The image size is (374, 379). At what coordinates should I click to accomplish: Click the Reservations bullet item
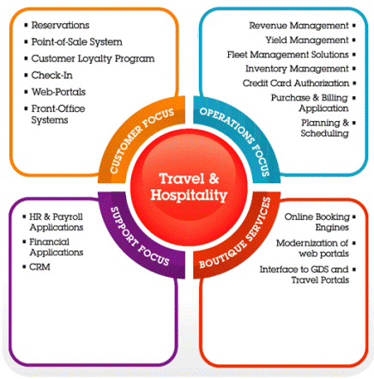coord(60,25)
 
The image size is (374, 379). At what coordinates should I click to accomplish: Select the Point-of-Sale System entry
coord(76,42)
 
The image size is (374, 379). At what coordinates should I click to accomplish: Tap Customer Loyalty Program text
coord(93,58)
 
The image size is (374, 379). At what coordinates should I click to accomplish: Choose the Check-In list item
coord(51,75)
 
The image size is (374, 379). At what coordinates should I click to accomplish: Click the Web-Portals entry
coord(58,92)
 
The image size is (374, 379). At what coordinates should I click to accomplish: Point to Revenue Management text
coord(299,26)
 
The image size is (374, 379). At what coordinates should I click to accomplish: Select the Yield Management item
coord(307,40)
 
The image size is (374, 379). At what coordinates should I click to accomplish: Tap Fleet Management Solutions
coord(288,54)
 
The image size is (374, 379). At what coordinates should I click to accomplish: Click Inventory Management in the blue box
coord(297,69)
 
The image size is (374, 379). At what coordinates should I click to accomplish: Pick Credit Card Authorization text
coord(296,83)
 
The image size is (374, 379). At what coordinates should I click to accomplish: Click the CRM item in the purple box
coord(39,266)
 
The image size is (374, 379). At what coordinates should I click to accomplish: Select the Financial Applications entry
coord(57,247)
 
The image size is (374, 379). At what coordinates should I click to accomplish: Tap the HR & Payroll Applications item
coord(57,222)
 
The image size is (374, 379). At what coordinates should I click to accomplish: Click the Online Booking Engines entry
coord(317,222)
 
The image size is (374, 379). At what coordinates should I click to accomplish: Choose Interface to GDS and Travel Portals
coord(305,274)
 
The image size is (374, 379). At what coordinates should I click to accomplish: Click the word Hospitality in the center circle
coord(189,196)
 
